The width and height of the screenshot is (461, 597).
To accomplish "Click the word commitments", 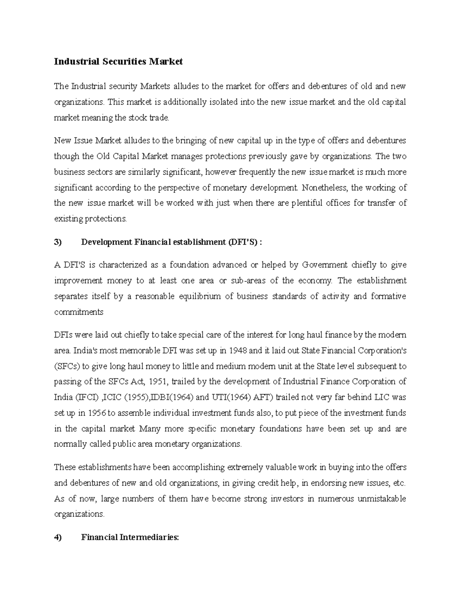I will (x=79, y=312).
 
